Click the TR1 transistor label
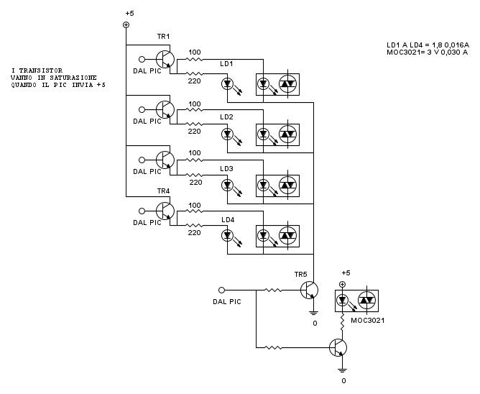pos(163,37)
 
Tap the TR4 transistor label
pos(163,191)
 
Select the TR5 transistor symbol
pos(309,290)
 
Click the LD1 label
pos(226,64)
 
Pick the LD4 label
pos(226,219)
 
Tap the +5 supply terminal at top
pos(126,24)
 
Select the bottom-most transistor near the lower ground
pos(338,347)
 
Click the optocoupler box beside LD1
pos(278,83)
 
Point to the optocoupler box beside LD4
pos(278,234)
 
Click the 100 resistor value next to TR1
pos(194,52)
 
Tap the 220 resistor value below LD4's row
pos(194,232)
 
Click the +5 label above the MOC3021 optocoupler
pos(345,273)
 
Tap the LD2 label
pos(226,116)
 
